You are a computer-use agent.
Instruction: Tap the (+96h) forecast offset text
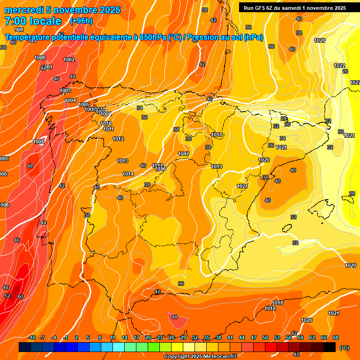(81, 21)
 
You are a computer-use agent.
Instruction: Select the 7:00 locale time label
(33, 21)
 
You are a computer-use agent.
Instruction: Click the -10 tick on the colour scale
(31, 337)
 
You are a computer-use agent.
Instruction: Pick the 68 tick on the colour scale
(336, 337)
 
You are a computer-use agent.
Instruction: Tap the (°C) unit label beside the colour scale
(345, 348)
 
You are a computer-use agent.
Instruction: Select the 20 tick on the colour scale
(148, 337)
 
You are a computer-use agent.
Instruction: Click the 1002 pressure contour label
(69, 60)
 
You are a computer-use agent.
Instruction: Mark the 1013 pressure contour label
(122, 161)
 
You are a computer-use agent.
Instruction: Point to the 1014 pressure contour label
(128, 174)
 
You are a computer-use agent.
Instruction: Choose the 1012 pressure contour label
(118, 139)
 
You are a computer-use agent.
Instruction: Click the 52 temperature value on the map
(7, 296)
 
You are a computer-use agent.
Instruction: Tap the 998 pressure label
(19, 30)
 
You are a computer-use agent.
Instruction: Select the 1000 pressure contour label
(40, 58)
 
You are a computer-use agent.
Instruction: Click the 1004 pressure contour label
(70, 100)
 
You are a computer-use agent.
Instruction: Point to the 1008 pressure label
(4, 205)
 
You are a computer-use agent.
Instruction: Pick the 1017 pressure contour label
(184, 154)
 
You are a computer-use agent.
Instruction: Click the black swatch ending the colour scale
(330, 347)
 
